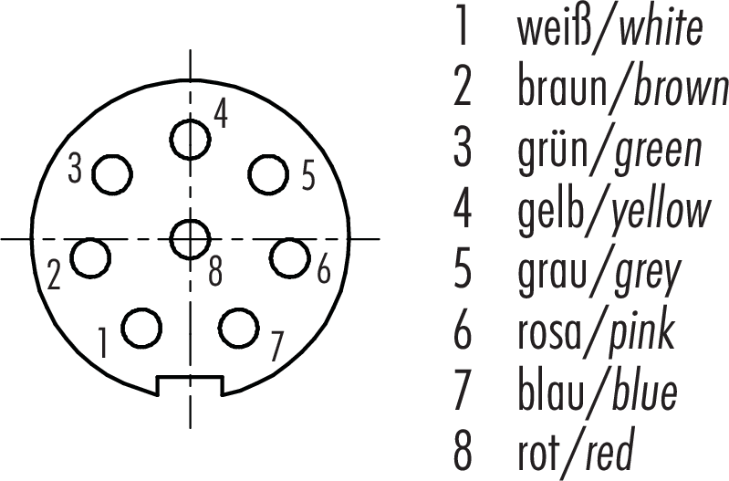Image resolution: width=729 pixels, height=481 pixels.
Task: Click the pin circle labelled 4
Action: (190, 139)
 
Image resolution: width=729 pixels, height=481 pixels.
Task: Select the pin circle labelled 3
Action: (112, 174)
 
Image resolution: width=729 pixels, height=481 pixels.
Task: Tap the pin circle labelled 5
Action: (268, 174)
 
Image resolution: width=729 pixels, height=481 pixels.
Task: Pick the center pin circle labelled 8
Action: (190, 239)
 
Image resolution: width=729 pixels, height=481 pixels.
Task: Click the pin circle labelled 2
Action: (90, 258)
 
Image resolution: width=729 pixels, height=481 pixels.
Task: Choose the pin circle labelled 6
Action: (289, 258)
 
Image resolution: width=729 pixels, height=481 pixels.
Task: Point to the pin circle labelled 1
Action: (141, 328)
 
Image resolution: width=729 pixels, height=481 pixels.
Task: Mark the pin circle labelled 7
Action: (238, 328)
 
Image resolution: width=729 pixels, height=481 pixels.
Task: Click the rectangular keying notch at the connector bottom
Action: (190, 386)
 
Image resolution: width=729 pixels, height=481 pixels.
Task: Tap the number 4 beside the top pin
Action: (221, 114)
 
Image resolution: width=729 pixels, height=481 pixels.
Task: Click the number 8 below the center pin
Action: (215, 272)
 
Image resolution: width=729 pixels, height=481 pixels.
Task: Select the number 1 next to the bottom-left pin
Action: (103, 342)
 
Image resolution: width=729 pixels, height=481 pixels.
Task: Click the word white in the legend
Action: (661, 30)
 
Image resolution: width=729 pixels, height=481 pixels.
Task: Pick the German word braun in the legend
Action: (562, 89)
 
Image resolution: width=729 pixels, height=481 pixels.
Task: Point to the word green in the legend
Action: (658, 152)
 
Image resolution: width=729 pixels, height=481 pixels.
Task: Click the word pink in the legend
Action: (640, 332)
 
